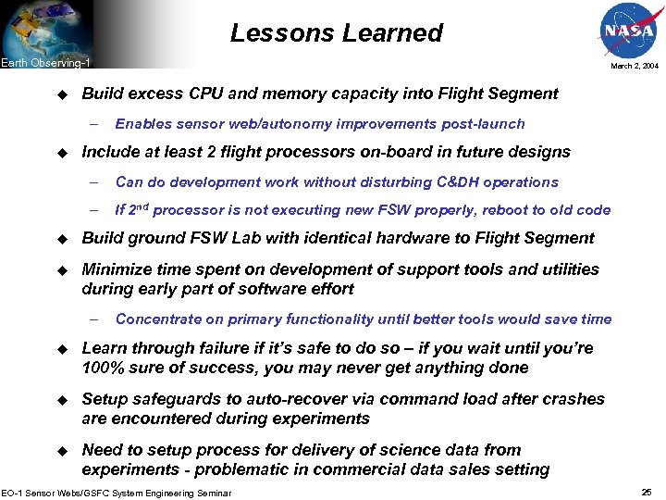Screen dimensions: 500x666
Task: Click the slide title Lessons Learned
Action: pos(337,33)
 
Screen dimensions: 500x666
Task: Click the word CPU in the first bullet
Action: pos(208,94)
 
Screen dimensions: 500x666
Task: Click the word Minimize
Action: pos(117,269)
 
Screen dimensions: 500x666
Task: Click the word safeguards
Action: pos(171,399)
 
